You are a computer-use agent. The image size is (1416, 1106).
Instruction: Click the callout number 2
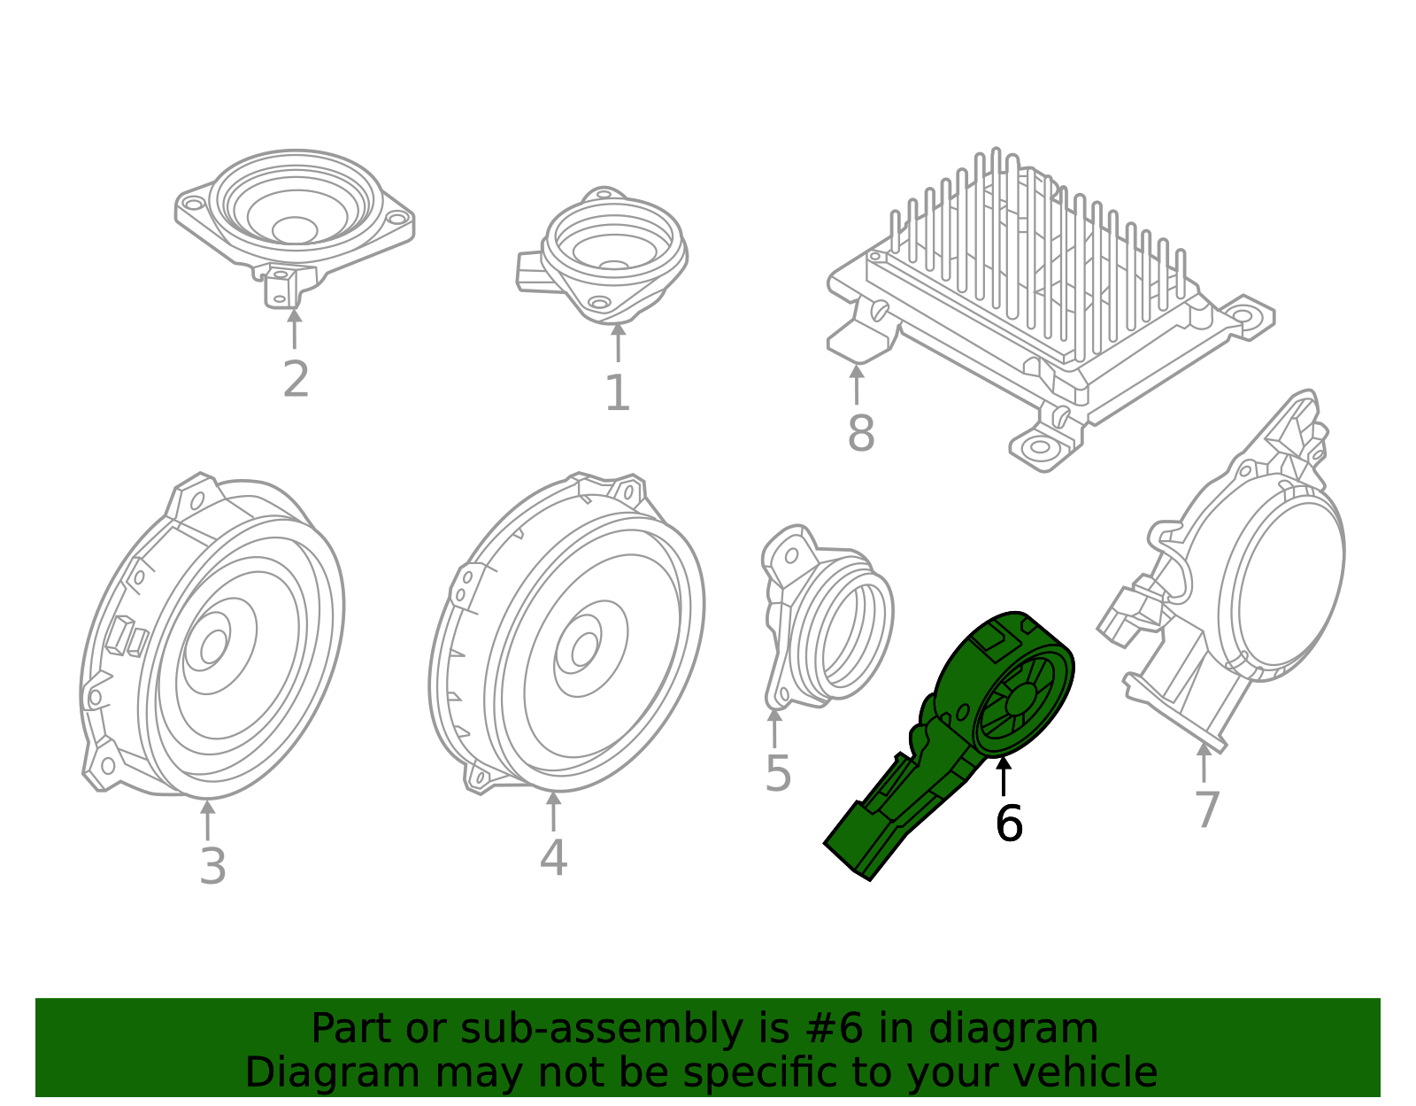pos(296,380)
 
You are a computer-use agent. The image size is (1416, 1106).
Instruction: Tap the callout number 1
pos(617,394)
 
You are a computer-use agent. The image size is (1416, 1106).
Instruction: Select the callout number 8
pos(860,434)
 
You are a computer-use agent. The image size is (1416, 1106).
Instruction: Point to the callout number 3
pos(212,867)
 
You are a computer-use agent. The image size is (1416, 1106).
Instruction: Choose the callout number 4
pos(553,858)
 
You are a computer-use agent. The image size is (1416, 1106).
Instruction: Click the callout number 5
pos(777,774)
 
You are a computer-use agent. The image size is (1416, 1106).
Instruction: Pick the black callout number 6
pos(1009,824)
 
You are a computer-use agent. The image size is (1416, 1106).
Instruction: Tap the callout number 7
pos(1207,809)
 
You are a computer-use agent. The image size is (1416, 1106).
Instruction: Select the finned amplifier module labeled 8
pos(1044,292)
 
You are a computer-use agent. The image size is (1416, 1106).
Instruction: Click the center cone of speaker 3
pos(213,646)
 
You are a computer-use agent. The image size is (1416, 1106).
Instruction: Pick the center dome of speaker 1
pos(613,265)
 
